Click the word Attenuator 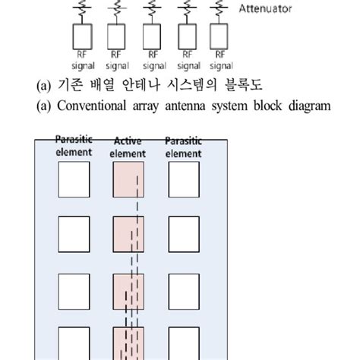(265, 9)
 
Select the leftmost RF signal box (80, 36)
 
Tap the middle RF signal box (151, 36)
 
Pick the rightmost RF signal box (220, 36)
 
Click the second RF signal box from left (115, 36)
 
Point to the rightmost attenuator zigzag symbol (220, 8)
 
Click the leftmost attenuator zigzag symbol (80, 8)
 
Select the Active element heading (128, 147)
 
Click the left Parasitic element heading (74, 147)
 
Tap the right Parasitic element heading (183, 147)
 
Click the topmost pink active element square (128, 179)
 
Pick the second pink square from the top (128, 233)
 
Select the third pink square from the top (128, 291)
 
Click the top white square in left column (74, 179)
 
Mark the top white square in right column (183, 179)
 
